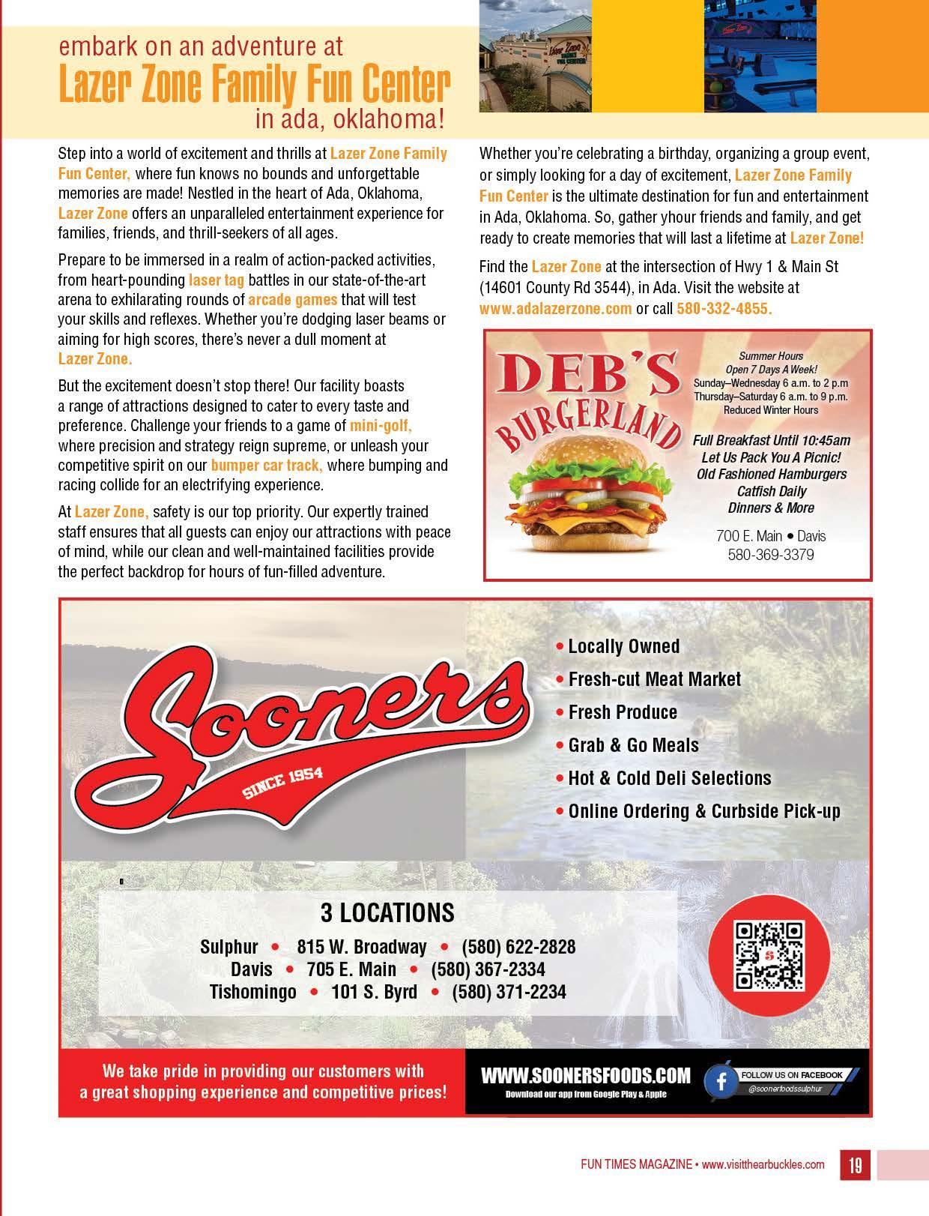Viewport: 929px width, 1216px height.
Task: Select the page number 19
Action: (855, 1164)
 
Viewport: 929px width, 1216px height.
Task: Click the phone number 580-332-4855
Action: (724, 308)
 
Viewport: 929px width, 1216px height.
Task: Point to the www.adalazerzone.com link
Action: (555, 308)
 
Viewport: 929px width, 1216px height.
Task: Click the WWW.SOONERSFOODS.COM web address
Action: (585, 1076)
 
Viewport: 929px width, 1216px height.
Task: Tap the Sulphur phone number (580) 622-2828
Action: (518, 946)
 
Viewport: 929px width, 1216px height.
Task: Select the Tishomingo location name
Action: (252, 991)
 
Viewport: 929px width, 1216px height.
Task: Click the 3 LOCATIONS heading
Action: (387, 912)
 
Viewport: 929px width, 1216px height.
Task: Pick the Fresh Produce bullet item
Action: (622, 712)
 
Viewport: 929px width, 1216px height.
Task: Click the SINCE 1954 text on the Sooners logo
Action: (282, 783)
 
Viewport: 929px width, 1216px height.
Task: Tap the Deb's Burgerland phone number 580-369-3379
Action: (771, 555)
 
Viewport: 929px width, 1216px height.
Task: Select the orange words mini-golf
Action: (381, 426)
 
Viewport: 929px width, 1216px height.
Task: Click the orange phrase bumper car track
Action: (267, 465)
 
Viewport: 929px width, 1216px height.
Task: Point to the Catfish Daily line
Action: (771, 491)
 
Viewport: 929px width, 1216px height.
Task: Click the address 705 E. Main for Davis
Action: (351, 969)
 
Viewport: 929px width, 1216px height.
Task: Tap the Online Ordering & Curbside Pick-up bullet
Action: (703, 811)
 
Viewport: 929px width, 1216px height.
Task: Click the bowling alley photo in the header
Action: (759, 56)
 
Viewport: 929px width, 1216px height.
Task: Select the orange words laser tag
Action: (217, 280)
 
